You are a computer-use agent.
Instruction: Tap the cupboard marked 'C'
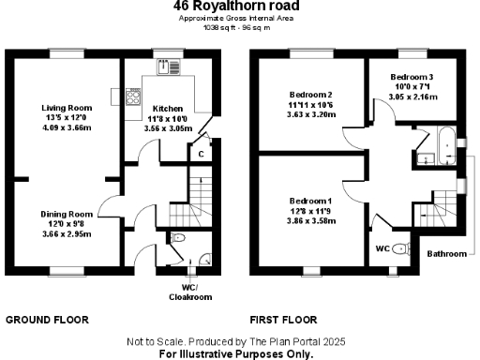point(200,153)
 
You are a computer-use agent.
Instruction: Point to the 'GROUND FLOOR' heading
point(47,320)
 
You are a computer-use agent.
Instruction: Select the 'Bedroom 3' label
point(413,75)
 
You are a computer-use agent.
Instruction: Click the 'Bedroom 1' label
point(310,201)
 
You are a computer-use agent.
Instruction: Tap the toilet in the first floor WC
point(401,248)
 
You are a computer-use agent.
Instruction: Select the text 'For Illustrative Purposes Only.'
point(235,354)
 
